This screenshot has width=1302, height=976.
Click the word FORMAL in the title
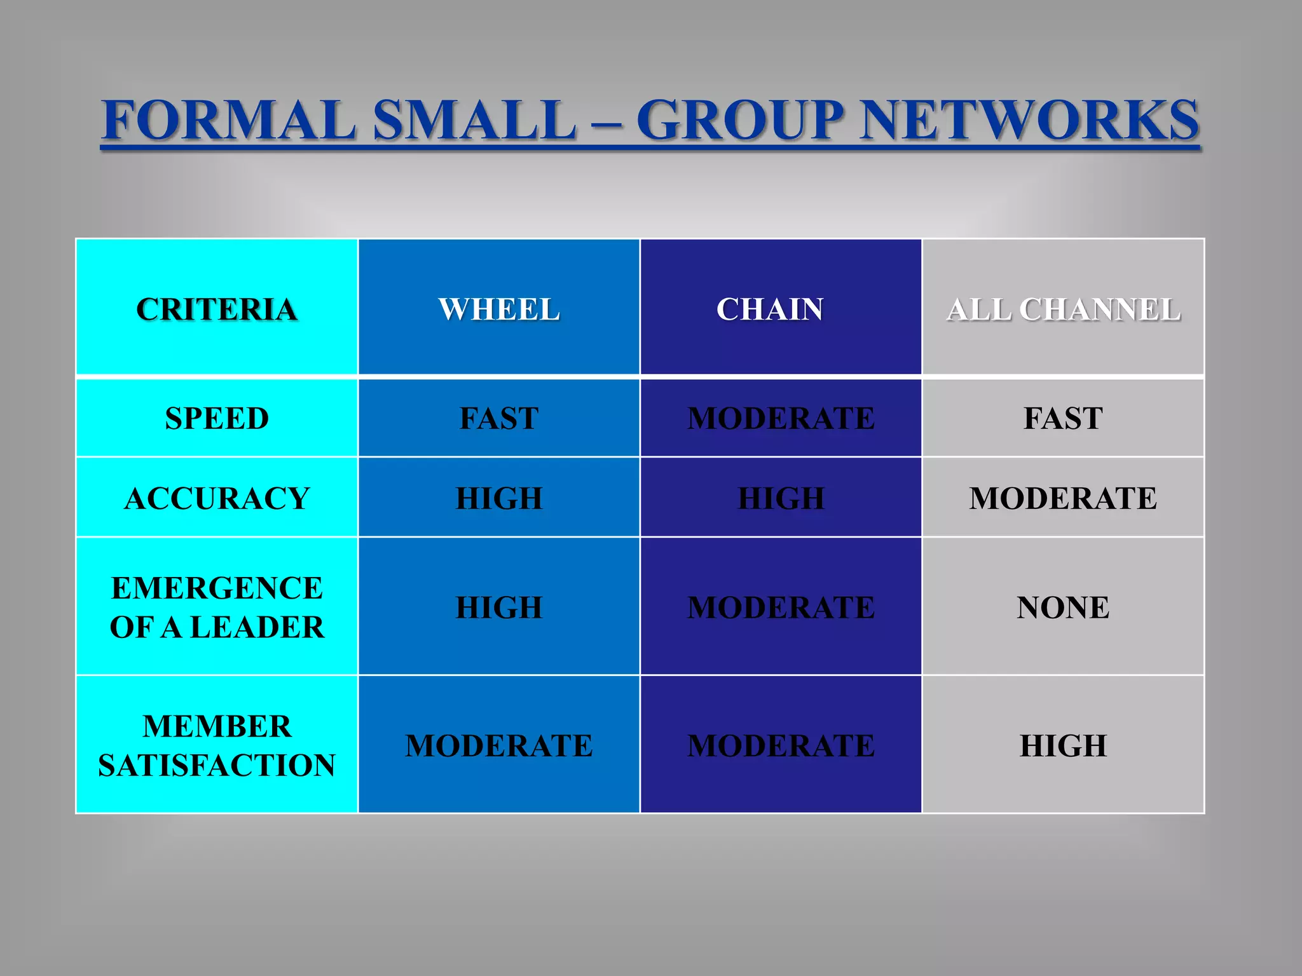pos(229,121)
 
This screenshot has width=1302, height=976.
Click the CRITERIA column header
pos(217,310)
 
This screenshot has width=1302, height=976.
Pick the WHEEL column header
pos(499,310)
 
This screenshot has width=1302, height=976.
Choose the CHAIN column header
pos(770,310)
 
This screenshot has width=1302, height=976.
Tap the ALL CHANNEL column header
pos(1063,310)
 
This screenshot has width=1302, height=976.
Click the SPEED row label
pos(217,419)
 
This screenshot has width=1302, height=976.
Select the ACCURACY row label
pos(217,498)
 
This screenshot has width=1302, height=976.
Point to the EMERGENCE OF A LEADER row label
pos(217,607)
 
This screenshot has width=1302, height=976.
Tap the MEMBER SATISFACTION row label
pos(217,745)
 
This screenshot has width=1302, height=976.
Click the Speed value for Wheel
pos(499,419)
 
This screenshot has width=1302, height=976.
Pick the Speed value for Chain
pos(781,419)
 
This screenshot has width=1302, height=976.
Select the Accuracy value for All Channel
pos(1063,498)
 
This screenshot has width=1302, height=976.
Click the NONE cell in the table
pos(1063,607)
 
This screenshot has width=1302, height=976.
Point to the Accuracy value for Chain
pos(781,498)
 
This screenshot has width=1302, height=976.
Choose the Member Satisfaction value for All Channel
pos(1063,745)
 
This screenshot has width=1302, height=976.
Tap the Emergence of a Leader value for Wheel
pos(499,607)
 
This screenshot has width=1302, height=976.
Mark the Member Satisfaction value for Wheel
pos(499,745)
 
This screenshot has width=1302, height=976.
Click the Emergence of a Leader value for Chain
pos(781,607)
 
